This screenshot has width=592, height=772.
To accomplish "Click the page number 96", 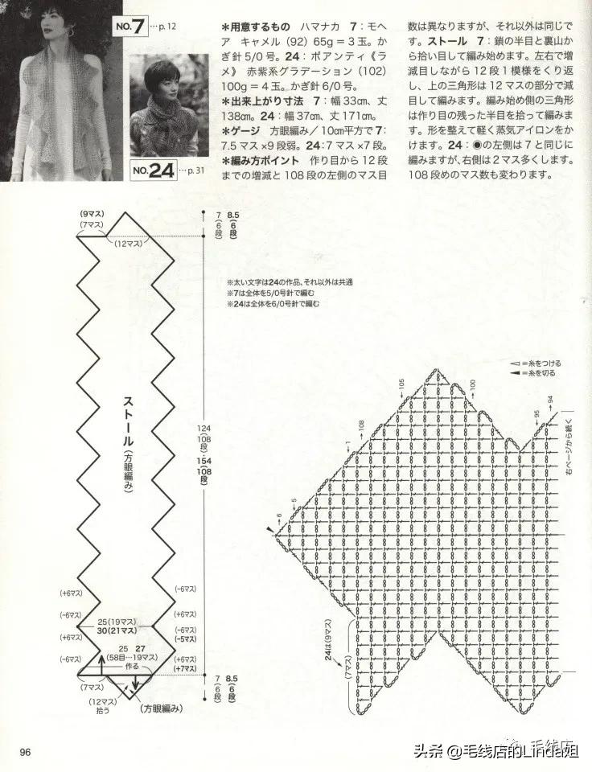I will point(25,752).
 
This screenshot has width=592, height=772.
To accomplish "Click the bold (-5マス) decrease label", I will point(185,640).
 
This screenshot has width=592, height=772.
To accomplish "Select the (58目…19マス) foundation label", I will point(123,658).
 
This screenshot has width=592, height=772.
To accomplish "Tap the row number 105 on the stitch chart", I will point(400,388).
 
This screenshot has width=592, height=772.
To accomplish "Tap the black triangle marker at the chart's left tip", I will point(269,532).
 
